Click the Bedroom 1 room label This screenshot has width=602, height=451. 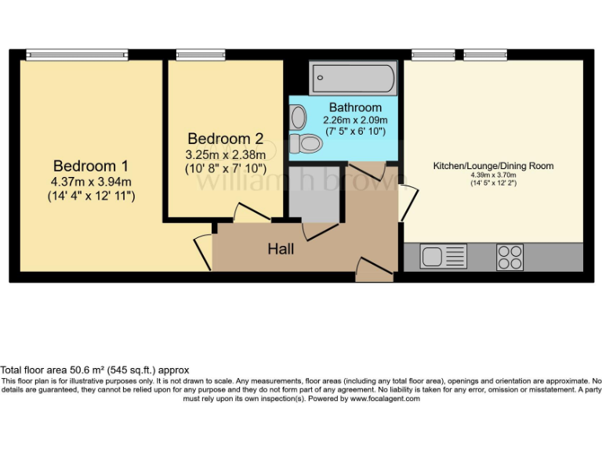[91, 166]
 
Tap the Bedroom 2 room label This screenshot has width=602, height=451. [226, 139]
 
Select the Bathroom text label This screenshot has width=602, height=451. [355, 107]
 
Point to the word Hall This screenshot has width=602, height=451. [281, 249]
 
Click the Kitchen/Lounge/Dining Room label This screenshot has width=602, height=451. [493, 166]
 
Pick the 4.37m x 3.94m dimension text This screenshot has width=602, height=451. [91, 182]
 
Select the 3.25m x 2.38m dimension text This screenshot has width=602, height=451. [226, 154]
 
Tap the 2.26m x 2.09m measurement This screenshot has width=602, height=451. [355, 121]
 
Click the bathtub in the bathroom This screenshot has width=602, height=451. [354, 79]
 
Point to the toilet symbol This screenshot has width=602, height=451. [306, 144]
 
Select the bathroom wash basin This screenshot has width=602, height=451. [297, 117]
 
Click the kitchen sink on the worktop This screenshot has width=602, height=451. [443, 256]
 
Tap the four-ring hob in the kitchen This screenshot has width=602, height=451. [510, 257]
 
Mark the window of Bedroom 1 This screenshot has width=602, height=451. [65, 54]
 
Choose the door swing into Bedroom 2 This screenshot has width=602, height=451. [249, 212]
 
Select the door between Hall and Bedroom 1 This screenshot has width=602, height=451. [203, 251]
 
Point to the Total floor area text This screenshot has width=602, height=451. [94, 370]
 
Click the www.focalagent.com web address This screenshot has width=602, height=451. [385, 399]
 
